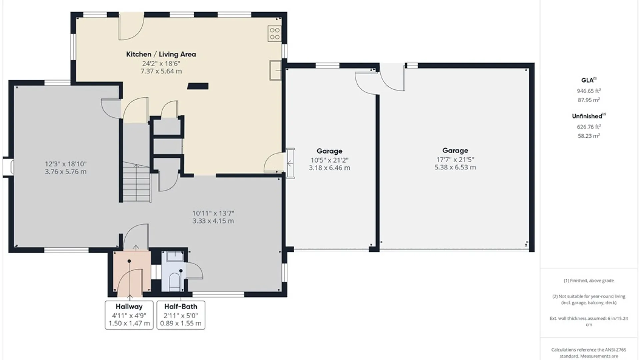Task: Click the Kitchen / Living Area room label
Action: [161, 54]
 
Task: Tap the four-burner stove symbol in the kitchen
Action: [275, 34]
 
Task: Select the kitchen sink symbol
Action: [275, 70]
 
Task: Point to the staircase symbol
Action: [137, 182]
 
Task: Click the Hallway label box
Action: [129, 315]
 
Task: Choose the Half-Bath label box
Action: [181, 315]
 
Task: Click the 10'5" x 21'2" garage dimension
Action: [329, 160]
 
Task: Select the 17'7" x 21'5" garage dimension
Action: [455, 160]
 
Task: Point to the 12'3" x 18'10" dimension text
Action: [66, 164]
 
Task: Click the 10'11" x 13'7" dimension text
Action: [213, 213]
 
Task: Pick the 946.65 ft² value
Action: [589, 91]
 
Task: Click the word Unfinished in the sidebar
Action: [587, 116]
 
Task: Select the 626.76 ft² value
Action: [589, 127]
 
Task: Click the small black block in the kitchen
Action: [198, 86]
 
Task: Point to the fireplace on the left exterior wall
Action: [8, 167]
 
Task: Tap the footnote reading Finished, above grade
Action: [589, 281]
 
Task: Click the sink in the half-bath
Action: [175, 256]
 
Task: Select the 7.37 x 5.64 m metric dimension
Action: [161, 71]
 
